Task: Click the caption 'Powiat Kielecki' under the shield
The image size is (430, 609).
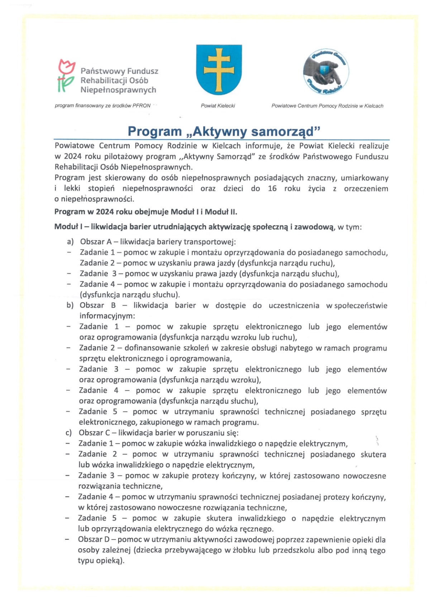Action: pyautogui.click(x=218, y=106)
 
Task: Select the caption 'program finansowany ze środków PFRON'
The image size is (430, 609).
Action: pyautogui.click(x=102, y=106)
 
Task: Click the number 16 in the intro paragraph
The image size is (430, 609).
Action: pyautogui.click(x=272, y=189)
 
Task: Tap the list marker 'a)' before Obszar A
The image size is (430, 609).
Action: pyautogui.click(x=70, y=242)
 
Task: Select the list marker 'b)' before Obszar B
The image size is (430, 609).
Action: pyautogui.click(x=70, y=306)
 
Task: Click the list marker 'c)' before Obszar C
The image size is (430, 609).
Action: pyautogui.click(x=69, y=433)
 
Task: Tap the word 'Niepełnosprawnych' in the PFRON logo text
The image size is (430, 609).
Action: pyautogui.click(x=118, y=90)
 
